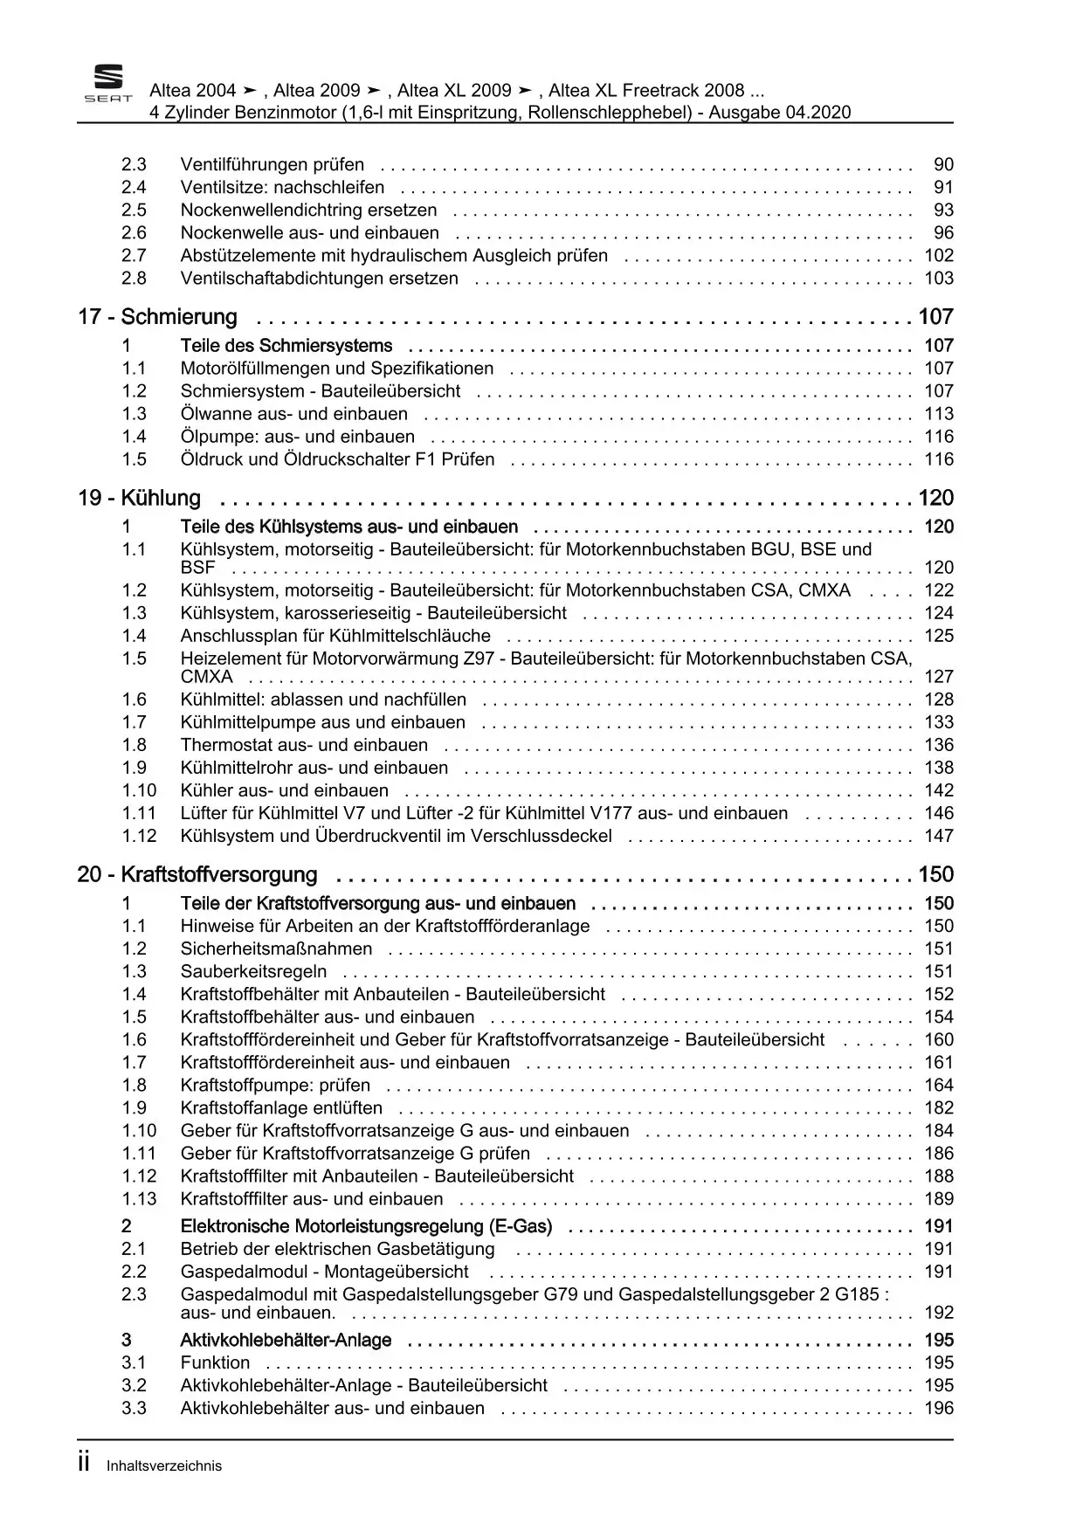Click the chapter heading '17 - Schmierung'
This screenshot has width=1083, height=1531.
click(x=157, y=317)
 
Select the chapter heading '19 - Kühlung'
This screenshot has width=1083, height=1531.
click(x=139, y=499)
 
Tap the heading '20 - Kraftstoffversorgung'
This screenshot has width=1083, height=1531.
click(x=197, y=875)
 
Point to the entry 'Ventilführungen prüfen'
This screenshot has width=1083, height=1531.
click(x=272, y=165)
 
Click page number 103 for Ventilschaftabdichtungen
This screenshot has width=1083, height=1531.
click(x=939, y=279)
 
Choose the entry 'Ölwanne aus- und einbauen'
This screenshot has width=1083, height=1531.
click(x=293, y=415)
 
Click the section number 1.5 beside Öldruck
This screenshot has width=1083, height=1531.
click(x=134, y=460)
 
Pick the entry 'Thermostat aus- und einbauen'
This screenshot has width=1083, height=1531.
click(x=304, y=746)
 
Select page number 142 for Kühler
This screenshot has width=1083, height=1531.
click(x=939, y=791)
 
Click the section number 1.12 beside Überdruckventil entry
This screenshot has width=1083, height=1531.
click(x=139, y=837)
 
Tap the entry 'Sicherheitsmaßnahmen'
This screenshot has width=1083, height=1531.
click(x=276, y=949)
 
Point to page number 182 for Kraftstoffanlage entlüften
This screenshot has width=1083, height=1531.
click(x=939, y=1108)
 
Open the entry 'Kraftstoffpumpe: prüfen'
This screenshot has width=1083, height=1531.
click(x=275, y=1086)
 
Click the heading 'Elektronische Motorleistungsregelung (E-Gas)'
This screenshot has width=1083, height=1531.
click(x=366, y=1227)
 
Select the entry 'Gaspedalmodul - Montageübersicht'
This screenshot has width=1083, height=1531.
click(x=324, y=1272)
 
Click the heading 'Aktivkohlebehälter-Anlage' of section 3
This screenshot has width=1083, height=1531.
click(x=286, y=1341)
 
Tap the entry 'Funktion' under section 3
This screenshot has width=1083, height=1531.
click(x=215, y=1363)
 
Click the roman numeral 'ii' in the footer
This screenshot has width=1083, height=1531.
click(x=85, y=1465)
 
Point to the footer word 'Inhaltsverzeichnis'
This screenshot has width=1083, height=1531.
click(x=164, y=1466)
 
